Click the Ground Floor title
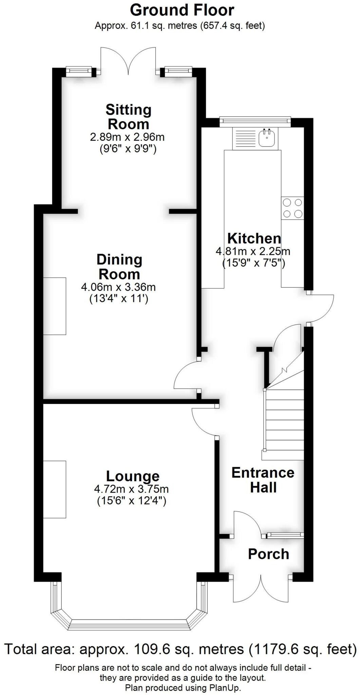[x=182, y=10]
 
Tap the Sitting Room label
[x=128, y=117]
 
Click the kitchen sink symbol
[x=267, y=137]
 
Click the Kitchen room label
[x=254, y=239]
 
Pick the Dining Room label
[x=119, y=267]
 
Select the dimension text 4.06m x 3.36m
[x=118, y=287]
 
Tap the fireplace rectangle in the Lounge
[x=55, y=489]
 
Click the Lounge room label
[x=133, y=476]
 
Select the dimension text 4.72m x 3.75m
[x=131, y=489]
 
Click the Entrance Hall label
[x=263, y=480]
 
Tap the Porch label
[x=268, y=554]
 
